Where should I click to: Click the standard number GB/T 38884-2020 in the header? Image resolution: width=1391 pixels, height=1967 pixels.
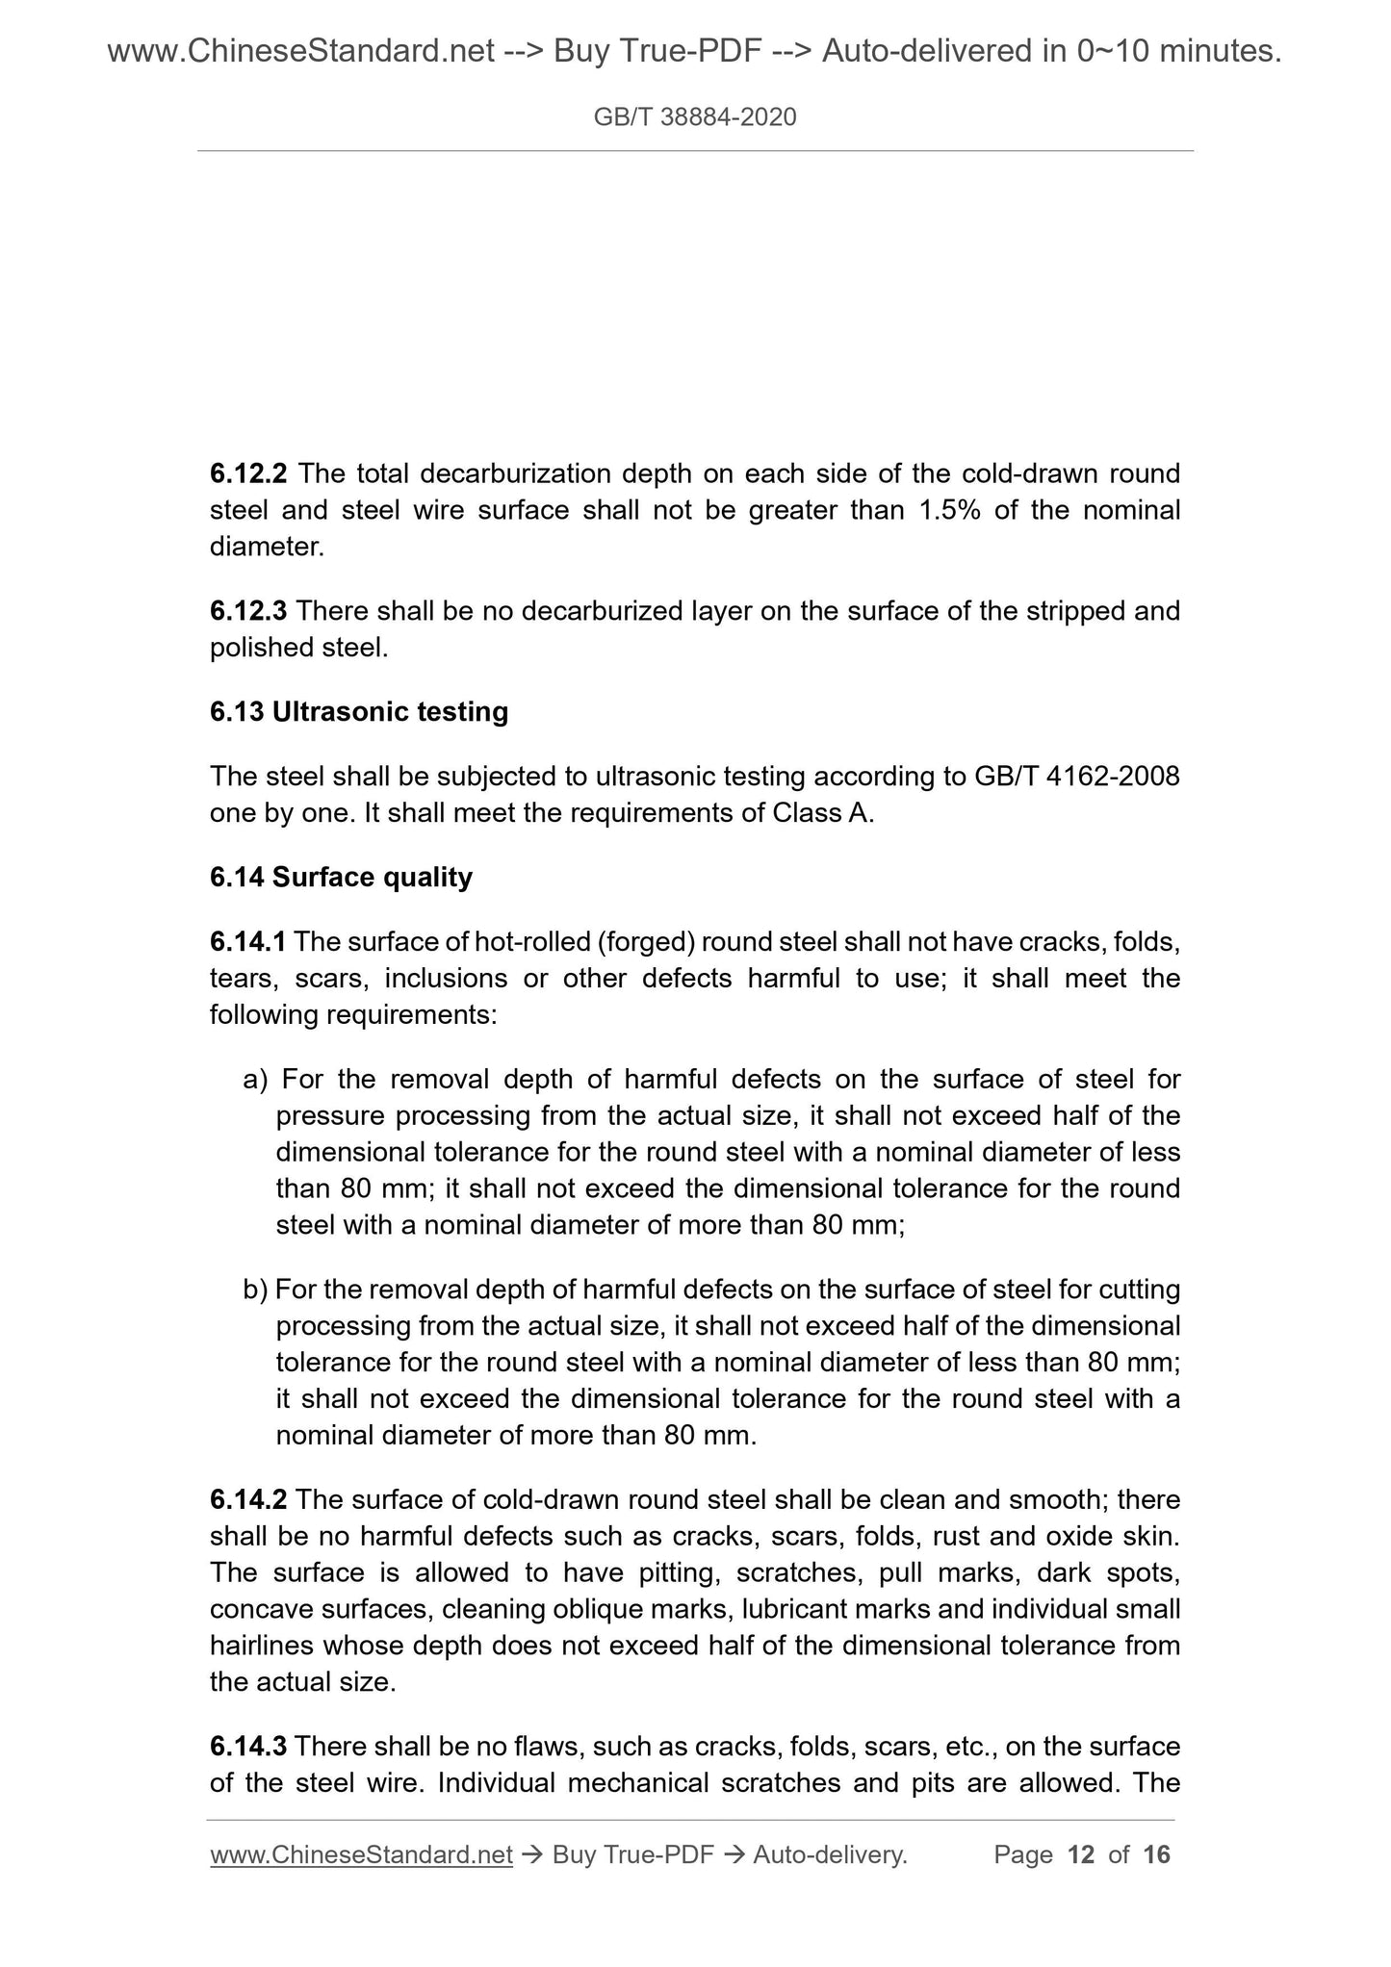click(x=695, y=117)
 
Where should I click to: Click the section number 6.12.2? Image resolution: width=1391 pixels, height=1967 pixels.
click(x=247, y=473)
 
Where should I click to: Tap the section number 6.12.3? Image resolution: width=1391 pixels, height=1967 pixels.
click(x=247, y=611)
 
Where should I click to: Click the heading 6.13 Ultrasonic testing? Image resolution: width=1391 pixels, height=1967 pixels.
click(x=359, y=712)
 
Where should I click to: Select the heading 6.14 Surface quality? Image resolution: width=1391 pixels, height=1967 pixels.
click(x=341, y=878)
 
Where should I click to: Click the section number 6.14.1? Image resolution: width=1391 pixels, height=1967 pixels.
click(x=247, y=942)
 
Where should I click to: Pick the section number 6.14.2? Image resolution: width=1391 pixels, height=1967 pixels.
click(x=247, y=1500)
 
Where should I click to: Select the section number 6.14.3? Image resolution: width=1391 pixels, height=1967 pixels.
click(x=247, y=1747)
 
